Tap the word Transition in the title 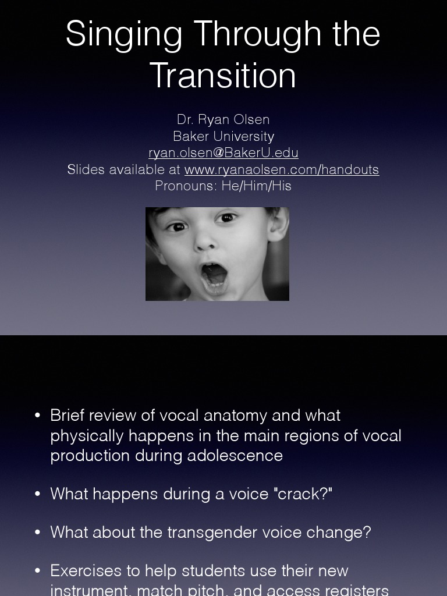click(x=223, y=75)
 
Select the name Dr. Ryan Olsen click(x=223, y=119)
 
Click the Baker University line click(x=223, y=136)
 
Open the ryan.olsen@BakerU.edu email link click(x=223, y=153)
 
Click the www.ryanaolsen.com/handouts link click(x=282, y=169)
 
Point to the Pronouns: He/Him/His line click(x=223, y=186)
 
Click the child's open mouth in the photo click(x=214, y=276)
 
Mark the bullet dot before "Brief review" click(x=38, y=416)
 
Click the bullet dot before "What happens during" click(x=38, y=494)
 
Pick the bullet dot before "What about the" click(x=38, y=533)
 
